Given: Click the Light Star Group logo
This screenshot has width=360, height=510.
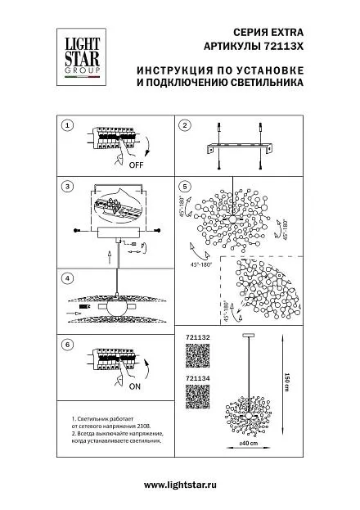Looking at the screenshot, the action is tap(81, 57).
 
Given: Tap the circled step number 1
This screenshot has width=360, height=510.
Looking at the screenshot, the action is tap(67, 125).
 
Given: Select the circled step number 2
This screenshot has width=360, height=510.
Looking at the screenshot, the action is tap(185, 125).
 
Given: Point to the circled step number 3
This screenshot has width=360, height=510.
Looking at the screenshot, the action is tap(67, 187).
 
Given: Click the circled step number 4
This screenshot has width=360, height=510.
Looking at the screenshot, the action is tap(67, 278).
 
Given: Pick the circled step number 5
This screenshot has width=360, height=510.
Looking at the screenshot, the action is tap(185, 187).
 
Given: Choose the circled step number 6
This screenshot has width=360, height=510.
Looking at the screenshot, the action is tap(67, 345).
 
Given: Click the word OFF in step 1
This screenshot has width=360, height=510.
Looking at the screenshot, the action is tap(136, 165).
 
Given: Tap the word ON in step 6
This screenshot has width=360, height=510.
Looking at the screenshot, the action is tap(135, 386).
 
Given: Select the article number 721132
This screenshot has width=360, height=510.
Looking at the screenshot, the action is tap(198, 337).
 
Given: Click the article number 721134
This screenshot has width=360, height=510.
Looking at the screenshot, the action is tap(198, 378).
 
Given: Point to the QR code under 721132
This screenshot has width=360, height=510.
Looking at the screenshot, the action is tap(198, 355).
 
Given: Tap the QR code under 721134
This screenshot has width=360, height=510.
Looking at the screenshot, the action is tap(198, 396).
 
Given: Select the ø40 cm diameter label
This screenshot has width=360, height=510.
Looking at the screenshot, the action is tap(248, 444).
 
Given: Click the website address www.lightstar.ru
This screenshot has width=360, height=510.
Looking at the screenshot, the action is tap(180, 485).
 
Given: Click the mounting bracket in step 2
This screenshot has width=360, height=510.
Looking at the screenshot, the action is tap(241, 148).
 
